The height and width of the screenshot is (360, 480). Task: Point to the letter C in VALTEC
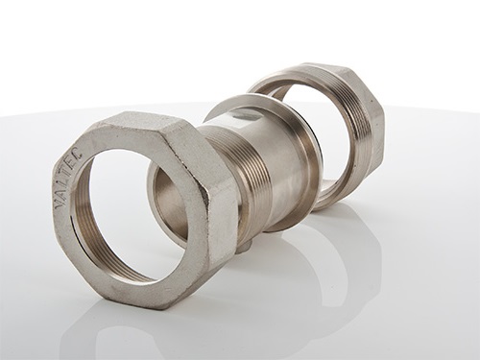79,155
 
